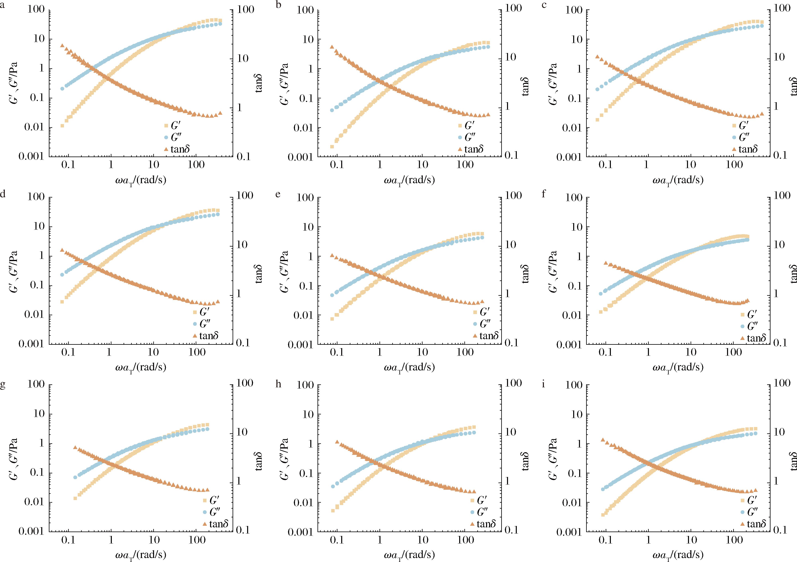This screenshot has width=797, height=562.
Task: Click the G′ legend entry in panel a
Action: tap(175, 126)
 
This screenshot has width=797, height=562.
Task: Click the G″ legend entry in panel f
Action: tap(752, 326)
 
